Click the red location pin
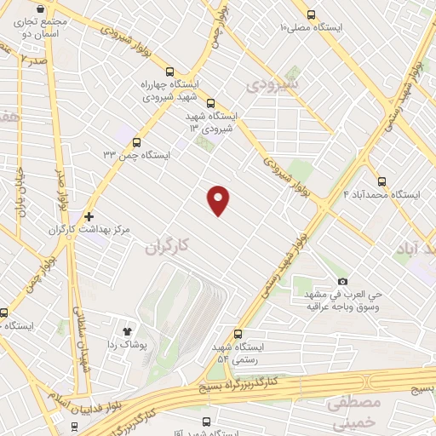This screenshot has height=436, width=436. [219, 199]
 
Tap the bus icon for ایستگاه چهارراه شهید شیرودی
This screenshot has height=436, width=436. [170, 72]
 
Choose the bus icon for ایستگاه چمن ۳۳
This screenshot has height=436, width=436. [137, 142]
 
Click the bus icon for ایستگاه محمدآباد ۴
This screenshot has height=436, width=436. [381, 181]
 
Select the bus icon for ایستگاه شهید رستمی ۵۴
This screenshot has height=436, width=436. [238, 335]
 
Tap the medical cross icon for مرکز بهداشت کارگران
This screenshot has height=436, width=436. [88, 216]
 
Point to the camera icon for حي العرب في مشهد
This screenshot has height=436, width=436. [342, 281]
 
